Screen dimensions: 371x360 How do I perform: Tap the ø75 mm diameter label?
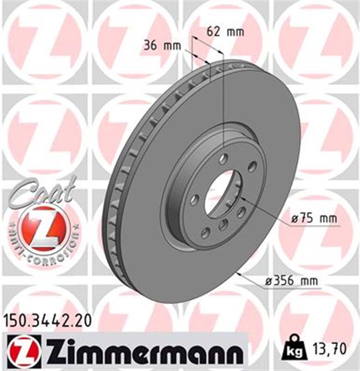pos(313,219)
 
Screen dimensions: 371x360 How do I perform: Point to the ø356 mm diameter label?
pos(292,281)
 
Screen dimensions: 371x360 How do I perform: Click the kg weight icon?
pos(292,350)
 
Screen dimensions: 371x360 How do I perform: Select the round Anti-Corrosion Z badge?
pos(41,228)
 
